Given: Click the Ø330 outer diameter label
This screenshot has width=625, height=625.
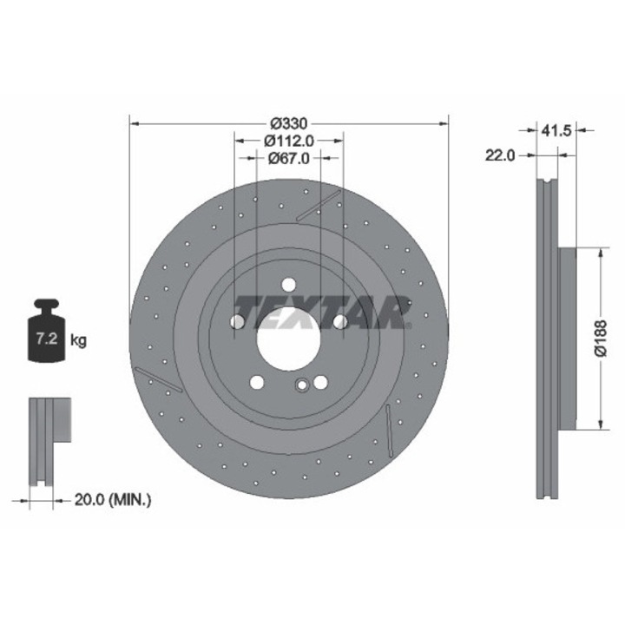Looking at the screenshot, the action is point(289,123).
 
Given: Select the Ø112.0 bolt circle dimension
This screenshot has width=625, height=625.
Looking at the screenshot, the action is point(289,141).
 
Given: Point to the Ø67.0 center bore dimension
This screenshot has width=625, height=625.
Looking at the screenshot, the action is point(288,158).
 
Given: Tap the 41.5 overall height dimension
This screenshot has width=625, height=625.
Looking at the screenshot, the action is point(556,130).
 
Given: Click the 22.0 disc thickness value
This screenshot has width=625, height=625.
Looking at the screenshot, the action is point(500,155).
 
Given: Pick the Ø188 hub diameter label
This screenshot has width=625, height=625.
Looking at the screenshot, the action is point(601,338).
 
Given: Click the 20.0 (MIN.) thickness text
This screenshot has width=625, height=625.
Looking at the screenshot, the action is point(113,499).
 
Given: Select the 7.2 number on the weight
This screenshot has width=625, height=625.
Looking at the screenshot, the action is point(48,339).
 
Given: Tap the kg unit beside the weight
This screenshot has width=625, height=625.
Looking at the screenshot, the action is point(78,340).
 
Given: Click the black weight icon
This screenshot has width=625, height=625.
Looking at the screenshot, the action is point(47,331).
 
